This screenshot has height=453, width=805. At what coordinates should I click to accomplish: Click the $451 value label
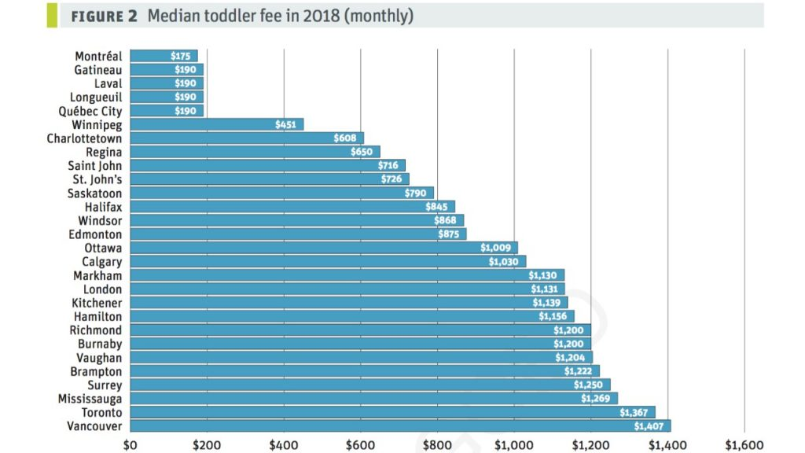[285, 124]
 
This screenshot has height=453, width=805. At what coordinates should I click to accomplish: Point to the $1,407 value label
[649, 425]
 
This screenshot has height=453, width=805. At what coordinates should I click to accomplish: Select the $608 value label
[344, 138]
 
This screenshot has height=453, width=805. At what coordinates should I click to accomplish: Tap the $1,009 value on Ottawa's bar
[495, 247]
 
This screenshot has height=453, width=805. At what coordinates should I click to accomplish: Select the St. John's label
[97, 179]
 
